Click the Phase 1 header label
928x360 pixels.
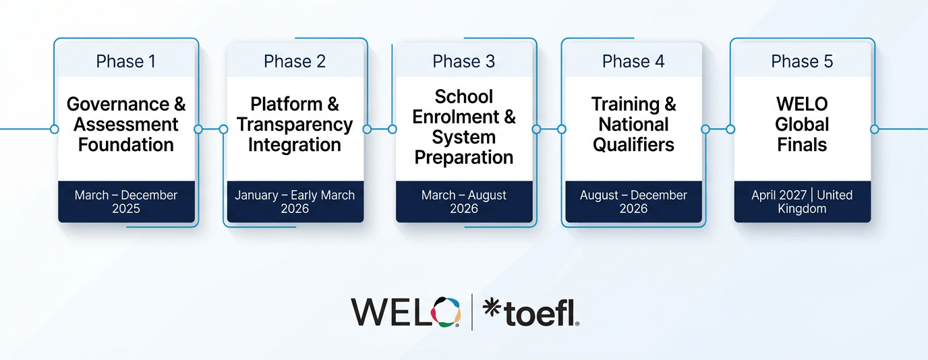pyautogui.click(x=126, y=61)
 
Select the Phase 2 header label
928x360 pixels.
pyautogui.click(x=295, y=61)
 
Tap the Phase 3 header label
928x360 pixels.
pyautogui.click(x=463, y=61)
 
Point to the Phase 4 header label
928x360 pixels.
pyautogui.click(x=633, y=61)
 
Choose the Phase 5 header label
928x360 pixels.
pyautogui.click(x=802, y=61)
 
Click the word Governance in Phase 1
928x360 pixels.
pyautogui.click(x=118, y=104)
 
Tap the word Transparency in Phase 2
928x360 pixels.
pyautogui.click(x=295, y=125)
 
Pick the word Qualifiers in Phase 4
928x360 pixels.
pyautogui.click(x=633, y=145)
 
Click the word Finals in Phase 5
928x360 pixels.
pyautogui.click(x=802, y=145)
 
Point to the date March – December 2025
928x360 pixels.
pyautogui.click(x=126, y=202)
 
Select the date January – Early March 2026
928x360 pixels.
pyautogui.click(x=295, y=202)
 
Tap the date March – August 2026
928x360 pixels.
pyautogui.click(x=463, y=202)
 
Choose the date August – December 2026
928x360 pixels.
pyautogui.click(x=633, y=202)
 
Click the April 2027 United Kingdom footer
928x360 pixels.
pyautogui.click(x=802, y=202)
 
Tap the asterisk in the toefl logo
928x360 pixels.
pyautogui.click(x=492, y=308)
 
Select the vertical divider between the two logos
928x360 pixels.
pyautogui.click(x=472, y=312)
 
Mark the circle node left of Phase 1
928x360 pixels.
pyautogui.click(x=54, y=129)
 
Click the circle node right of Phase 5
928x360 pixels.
pyautogui.click(x=875, y=129)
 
